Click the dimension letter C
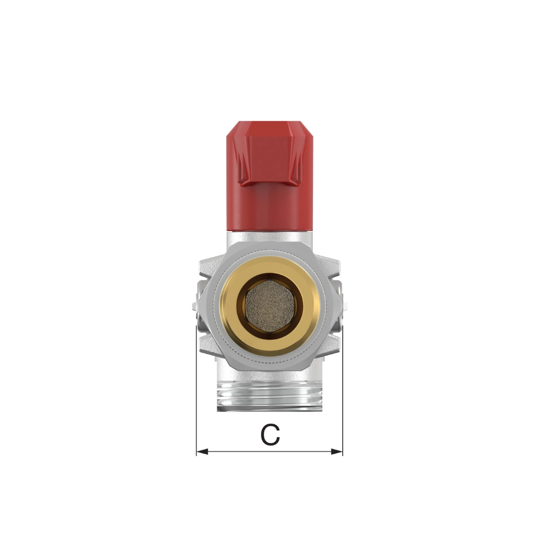270,435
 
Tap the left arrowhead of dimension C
203,452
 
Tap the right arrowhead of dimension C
337,452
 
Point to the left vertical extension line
197,390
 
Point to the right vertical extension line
343,390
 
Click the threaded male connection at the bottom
270,396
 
